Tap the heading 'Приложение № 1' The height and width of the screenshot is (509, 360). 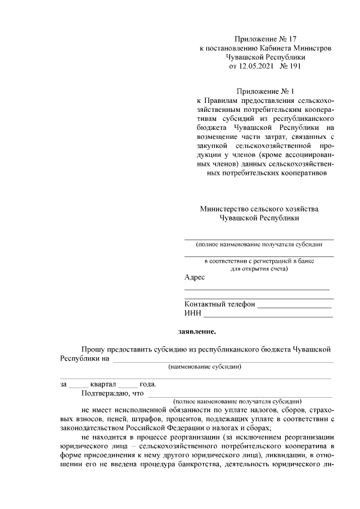click(265, 91)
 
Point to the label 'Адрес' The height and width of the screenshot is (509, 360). click(195, 277)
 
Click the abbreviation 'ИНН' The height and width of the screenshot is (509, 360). click(192, 313)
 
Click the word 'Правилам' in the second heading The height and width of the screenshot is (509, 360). click(216, 100)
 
